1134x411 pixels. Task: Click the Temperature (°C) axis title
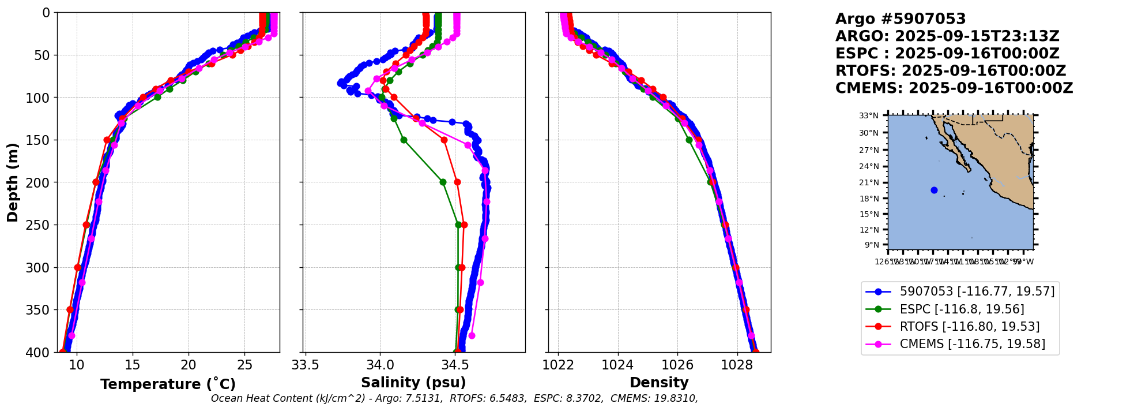coord(168,384)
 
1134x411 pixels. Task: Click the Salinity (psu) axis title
coord(413,383)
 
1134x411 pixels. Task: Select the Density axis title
coord(659,383)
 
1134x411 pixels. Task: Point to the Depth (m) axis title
coord(13,182)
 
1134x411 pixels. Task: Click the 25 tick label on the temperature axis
coord(244,365)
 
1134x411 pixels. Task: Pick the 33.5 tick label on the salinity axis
coord(306,365)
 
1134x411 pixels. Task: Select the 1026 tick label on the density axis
coord(677,365)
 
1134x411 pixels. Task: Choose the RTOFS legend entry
coord(969,327)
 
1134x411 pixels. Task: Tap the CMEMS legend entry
coord(972,344)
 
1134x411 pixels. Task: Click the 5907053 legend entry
coord(977,292)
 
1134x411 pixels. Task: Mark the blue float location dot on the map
coord(934,190)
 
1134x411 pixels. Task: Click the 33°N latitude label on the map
coord(869,116)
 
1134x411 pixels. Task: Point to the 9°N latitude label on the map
coord(871,245)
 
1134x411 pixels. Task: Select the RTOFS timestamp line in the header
coord(951,71)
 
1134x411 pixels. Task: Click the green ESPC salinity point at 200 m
coord(443,182)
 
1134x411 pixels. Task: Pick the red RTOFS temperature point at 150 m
coord(107,140)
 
